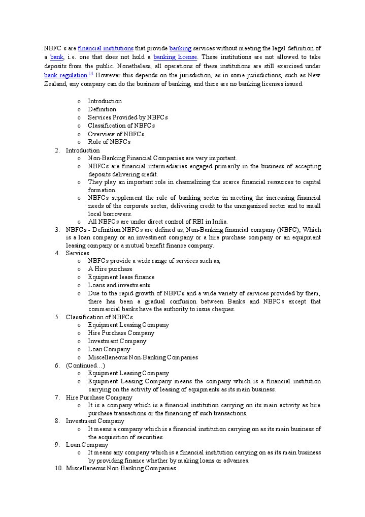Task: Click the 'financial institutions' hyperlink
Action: click(106, 48)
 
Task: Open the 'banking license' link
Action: click(175, 57)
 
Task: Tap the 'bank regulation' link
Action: click(65, 75)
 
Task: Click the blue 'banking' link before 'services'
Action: click(180, 48)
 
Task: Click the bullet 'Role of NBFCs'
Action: click(109, 142)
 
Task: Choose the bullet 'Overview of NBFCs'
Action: click(116, 134)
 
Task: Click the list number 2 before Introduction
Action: click(57, 150)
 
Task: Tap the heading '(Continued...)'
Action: click(85, 366)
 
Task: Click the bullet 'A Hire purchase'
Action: click(110, 269)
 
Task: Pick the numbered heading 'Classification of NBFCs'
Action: click(99, 317)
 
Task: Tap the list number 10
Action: click(58, 468)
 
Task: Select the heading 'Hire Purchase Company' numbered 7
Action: click(99, 398)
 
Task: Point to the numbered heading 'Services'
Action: click(77, 253)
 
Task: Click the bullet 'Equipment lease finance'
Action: click(121, 277)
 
